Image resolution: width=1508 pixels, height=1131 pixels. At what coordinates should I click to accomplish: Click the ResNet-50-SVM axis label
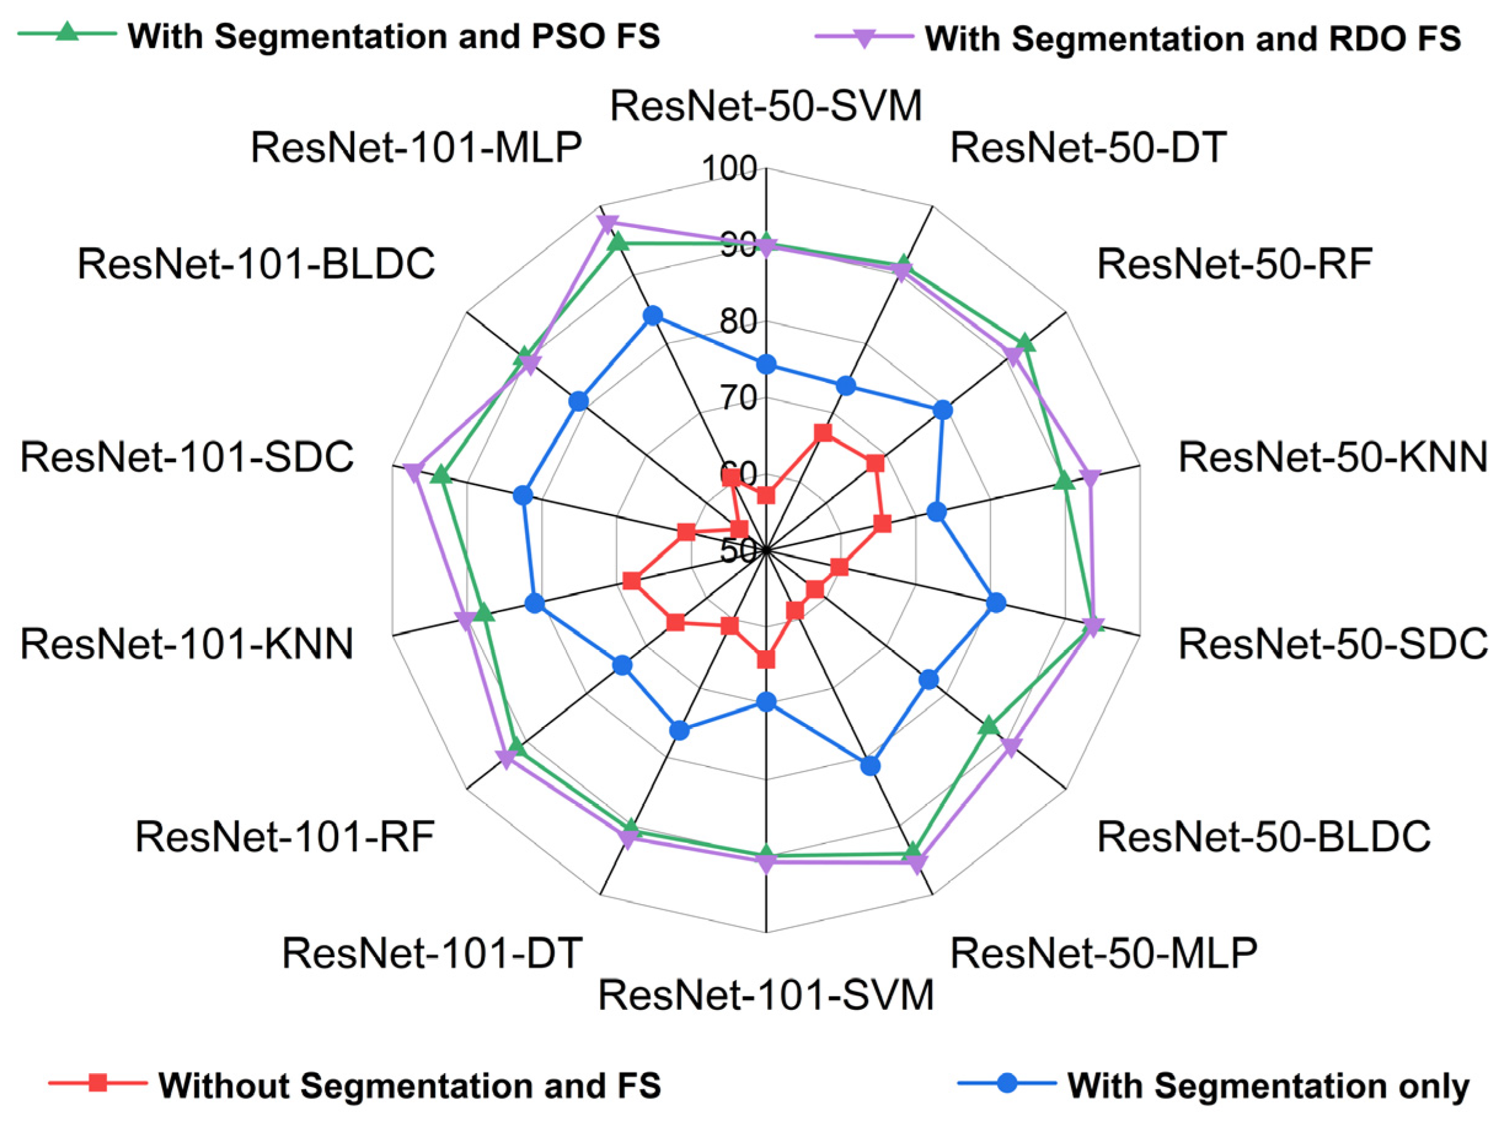coord(765,106)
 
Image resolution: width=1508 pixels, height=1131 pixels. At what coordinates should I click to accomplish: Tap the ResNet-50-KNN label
coord(1333,457)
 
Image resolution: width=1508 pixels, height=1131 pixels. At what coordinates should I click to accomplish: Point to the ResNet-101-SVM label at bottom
coord(765,995)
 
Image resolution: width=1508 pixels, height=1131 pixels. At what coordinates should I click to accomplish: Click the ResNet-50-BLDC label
coord(1263,837)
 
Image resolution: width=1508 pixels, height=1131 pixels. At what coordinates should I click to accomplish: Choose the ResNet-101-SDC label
coord(187,457)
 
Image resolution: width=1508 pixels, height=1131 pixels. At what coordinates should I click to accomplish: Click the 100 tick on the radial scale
coord(730,168)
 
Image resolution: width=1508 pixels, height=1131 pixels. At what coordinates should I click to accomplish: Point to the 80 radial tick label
coord(738,321)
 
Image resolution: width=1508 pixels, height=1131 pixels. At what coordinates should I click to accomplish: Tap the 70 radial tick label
coord(738,398)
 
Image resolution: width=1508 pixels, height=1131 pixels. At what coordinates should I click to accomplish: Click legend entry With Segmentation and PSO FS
coord(393,36)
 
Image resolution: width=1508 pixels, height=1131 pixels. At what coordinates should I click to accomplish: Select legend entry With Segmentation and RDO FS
coord(1193,39)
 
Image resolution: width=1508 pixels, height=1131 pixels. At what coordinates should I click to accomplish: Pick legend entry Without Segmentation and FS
coord(409,1086)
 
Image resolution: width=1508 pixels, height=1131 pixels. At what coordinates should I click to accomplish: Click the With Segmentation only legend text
coord(1268,1086)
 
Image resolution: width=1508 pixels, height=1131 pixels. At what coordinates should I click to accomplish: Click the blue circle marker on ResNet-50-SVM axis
coord(766,365)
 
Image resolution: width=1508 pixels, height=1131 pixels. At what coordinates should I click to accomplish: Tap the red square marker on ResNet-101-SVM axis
coord(766,660)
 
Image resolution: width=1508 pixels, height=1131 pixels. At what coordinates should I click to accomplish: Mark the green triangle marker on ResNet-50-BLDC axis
coord(989,726)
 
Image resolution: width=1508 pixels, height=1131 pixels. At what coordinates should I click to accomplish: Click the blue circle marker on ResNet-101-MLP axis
coord(652,316)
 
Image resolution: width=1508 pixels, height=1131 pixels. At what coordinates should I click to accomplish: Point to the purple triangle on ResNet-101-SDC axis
coord(413,471)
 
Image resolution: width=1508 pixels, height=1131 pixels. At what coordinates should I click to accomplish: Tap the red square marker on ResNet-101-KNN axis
coord(632,581)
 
